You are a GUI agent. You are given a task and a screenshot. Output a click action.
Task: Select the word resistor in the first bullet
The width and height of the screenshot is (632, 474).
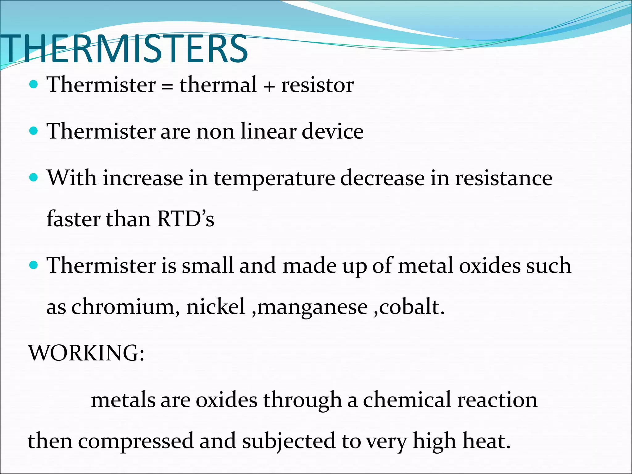(317, 85)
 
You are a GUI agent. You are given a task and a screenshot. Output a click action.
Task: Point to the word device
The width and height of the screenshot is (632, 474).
(332, 131)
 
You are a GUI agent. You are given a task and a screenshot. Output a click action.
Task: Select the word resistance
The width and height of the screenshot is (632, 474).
(504, 178)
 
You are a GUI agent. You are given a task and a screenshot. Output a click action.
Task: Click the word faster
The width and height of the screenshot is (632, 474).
(73, 219)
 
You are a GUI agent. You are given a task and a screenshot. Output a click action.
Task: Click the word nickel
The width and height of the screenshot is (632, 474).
(216, 307)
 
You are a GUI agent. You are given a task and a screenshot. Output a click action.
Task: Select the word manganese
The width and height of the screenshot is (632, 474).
(313, 307)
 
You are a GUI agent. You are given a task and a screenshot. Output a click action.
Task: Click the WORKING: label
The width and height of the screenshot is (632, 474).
(86, 353)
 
